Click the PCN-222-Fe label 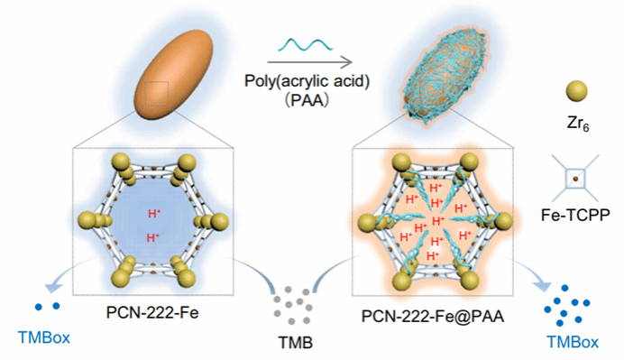152,312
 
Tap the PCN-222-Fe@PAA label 433,316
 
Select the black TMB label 295,343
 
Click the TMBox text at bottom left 44,337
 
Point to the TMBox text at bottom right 573,342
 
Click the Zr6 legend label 578,124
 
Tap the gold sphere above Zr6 576,91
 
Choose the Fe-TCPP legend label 575,215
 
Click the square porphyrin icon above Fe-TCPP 575,179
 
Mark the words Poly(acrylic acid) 307,81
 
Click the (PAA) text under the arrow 307,100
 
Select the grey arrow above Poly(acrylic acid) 309,62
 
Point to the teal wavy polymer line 305,45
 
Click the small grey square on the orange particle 157,94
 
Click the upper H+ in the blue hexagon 154,214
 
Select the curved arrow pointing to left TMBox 69,272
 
